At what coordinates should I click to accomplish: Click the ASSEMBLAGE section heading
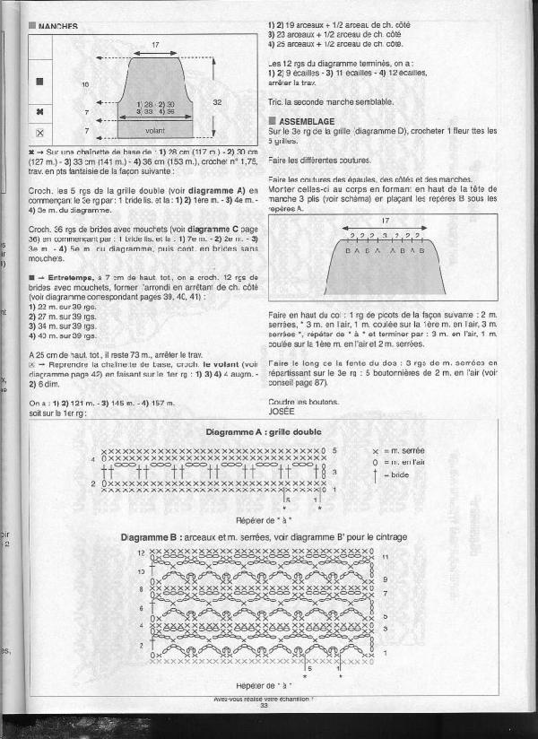pos(307,120)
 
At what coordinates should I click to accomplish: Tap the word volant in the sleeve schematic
pos(154,130)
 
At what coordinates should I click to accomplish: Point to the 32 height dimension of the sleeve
pos(217,102)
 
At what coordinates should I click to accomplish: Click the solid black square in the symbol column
pos(39,82)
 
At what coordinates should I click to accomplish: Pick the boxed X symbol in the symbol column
pos(39,132)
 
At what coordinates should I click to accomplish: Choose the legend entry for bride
pos(399,474)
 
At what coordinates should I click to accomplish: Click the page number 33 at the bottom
pos(264,705)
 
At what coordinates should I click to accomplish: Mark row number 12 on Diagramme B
pos(141,552)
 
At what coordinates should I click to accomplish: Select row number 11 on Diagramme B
pos(385,557)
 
